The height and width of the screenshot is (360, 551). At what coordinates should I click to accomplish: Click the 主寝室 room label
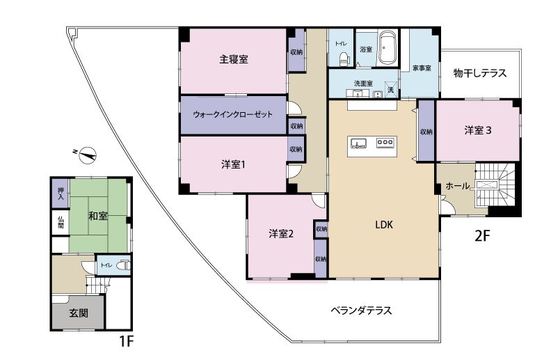tap(234, 59)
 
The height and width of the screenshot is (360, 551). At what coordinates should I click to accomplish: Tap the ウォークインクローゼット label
tap(233, 114)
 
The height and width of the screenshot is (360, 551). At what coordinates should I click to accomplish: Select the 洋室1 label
tap(233, 164)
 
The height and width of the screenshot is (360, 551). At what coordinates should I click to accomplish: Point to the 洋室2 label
tap(281, 233)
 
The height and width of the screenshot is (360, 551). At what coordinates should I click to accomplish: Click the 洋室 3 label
tap(478, 130)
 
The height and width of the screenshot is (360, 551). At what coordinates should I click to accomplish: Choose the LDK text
tap(384, 225)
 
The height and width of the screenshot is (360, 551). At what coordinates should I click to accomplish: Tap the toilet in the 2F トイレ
tap(344, 59)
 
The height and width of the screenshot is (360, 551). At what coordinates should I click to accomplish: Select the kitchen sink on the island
tap(358, 143)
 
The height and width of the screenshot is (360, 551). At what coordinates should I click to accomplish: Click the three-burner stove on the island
tap(385, 142)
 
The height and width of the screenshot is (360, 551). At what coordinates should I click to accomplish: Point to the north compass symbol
tap(86, 155)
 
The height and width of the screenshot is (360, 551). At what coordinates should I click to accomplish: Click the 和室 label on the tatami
tap(97, 215)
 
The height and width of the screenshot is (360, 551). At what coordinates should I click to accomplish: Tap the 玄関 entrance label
tap(79, 313)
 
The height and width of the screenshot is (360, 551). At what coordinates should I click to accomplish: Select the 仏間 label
tap(61, 222)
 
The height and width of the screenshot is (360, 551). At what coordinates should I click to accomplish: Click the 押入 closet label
tap(61, 194)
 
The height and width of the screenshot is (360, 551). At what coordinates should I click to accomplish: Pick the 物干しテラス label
tap(480, 73)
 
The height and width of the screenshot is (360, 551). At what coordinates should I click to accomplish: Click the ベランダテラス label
tap(361, 311)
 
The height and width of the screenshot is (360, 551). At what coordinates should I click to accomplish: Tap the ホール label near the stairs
tap(458, 186)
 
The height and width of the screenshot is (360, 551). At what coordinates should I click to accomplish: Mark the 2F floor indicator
tap(482, 236)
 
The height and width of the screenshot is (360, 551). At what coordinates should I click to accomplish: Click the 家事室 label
tap(422, 68)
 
